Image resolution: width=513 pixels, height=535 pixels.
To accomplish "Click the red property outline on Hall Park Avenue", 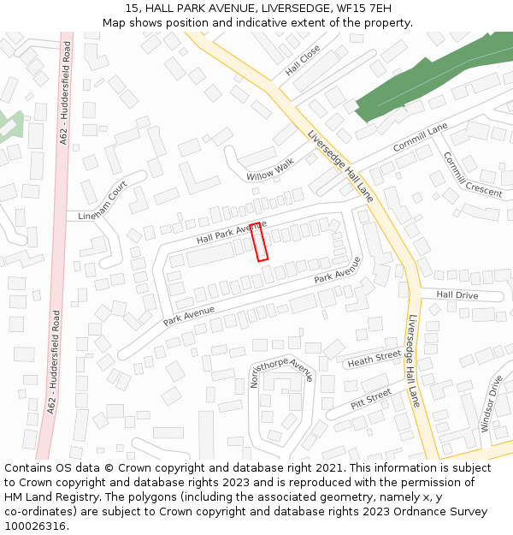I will click(259, 241).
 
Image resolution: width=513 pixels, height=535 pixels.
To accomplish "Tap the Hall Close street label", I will click(303, 60).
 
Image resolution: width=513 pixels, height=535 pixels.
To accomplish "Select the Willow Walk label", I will click(270, 169).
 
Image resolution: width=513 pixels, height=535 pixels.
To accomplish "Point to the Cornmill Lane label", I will click(421, 137).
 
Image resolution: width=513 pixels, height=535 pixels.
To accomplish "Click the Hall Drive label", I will click(457, 294).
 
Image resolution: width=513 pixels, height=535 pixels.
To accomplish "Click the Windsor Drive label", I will click(492, 403).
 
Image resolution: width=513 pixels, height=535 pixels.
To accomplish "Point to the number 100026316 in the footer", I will click(34, 526).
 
